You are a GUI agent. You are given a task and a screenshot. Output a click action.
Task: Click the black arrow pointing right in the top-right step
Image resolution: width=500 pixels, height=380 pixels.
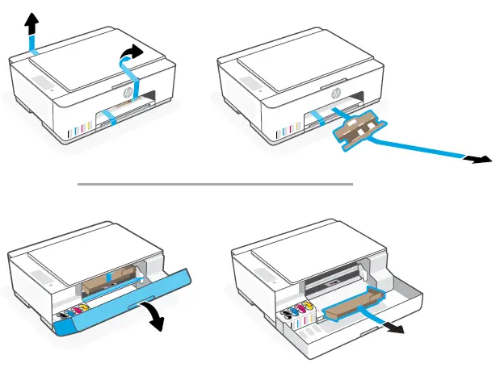[x=480, y=161]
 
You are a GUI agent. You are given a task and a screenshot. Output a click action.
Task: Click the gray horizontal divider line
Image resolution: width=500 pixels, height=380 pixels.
[x=215, y=184]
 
